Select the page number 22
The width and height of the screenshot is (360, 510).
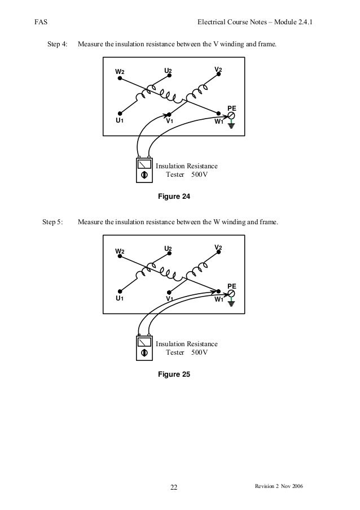174,488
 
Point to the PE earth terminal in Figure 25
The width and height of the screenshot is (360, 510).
231,294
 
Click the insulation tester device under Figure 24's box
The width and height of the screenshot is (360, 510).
145,169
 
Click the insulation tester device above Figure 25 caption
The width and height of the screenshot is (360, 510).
145,347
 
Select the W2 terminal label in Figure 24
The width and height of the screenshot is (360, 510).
120,72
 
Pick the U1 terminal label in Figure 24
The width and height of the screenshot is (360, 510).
120,121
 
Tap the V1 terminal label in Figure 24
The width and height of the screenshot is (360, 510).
169,121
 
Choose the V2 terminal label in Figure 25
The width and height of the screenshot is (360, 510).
218,248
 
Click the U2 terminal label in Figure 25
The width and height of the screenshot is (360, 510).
168,249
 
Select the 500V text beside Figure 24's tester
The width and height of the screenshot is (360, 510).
199,175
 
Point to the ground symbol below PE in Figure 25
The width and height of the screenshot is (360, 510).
231,304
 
